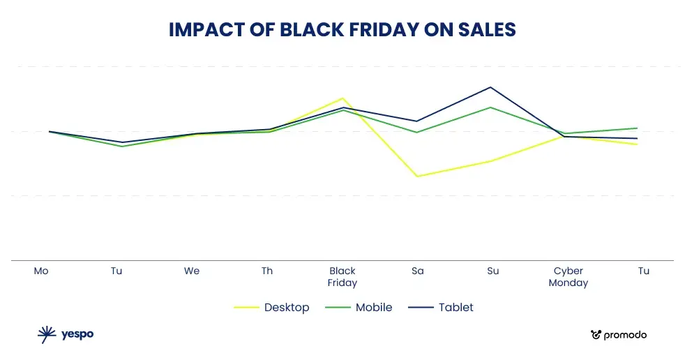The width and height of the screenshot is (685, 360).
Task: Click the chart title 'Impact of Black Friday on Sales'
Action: coord(342,30)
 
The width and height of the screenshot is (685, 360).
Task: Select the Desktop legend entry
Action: coord(286,307)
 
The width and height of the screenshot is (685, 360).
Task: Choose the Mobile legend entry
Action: coord(373,307)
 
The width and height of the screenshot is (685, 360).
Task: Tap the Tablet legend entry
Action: coord(456,307)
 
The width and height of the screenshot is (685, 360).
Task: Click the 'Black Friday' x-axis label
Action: coord(342,276)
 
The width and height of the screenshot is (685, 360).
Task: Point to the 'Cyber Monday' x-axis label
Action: coord(568,276)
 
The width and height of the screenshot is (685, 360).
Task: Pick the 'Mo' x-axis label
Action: coord(41,271)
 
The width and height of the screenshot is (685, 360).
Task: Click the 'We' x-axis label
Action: coord(192,271)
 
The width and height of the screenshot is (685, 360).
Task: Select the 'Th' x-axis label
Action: coord(267,271)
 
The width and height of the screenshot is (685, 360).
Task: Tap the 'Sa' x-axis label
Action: coord(417,271)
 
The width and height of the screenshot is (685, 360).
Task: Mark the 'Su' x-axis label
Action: coord(492,271)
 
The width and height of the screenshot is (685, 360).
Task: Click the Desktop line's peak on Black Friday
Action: coord(342,98)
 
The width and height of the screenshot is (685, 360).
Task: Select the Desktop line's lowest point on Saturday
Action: coord(417,176)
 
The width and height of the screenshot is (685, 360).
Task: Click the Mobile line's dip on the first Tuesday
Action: coord(122,147)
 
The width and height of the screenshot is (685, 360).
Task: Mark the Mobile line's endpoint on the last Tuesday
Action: coord(637,128)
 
